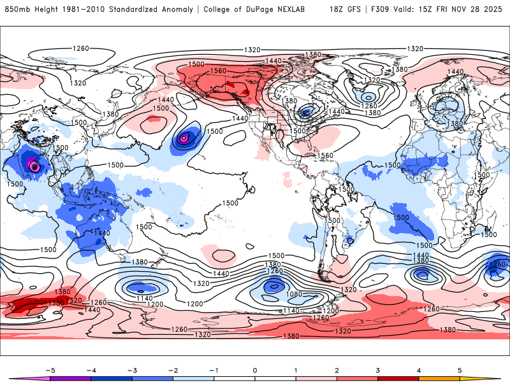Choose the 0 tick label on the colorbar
255,369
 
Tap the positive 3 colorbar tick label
377,369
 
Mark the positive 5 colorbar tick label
460,369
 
